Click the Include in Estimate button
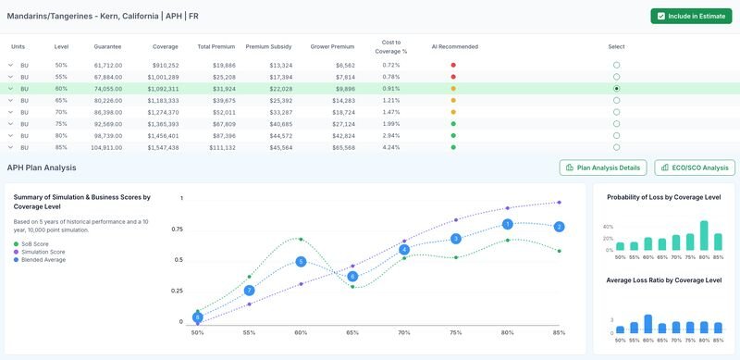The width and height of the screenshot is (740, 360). pos(691,17)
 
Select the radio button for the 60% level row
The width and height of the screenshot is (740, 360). pos(616,88)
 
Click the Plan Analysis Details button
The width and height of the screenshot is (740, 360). pos(602,168)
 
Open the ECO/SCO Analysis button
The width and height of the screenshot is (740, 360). pos(695,168)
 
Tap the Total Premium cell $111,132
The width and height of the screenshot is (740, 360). pos(218,146)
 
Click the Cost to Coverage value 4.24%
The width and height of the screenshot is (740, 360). pos(391,146)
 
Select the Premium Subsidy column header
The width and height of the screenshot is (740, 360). pos(268,45)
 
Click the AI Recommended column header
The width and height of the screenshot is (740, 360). pos(453,45)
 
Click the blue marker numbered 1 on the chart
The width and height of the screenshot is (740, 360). pos(507,224)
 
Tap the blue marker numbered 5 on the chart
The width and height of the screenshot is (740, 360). pos(301,262)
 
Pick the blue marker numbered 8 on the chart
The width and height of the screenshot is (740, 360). pos(197,317)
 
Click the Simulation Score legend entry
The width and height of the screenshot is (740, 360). pos(43,252)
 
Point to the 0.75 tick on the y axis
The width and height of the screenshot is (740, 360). pos(176,229)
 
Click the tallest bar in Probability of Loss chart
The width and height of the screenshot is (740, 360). pos(704,236)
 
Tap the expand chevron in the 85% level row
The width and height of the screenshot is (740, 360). pos(11,146)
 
